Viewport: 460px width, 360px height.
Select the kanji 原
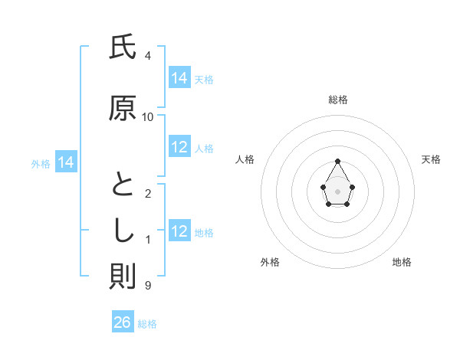123,109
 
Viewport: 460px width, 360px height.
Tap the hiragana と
123,185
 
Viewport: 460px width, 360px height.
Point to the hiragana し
123,231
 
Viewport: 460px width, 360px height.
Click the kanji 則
123,277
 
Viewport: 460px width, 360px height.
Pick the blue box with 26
123,322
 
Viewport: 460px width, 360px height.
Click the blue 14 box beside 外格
66,162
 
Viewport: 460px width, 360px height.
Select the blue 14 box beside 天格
179,78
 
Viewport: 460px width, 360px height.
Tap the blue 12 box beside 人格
179,147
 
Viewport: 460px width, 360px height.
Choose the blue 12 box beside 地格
179,231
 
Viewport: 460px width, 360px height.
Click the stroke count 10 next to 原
148,116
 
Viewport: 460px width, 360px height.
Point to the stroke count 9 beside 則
148,286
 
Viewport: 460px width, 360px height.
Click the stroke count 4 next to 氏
148,55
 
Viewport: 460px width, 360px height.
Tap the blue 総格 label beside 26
147,324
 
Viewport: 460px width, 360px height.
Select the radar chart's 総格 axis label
337,100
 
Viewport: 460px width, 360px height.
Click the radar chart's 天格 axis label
431,159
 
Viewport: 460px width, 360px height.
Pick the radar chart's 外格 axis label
270,262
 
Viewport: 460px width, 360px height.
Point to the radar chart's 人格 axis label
245,159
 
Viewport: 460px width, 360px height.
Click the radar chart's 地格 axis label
402,262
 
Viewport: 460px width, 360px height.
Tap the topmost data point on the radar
337,161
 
